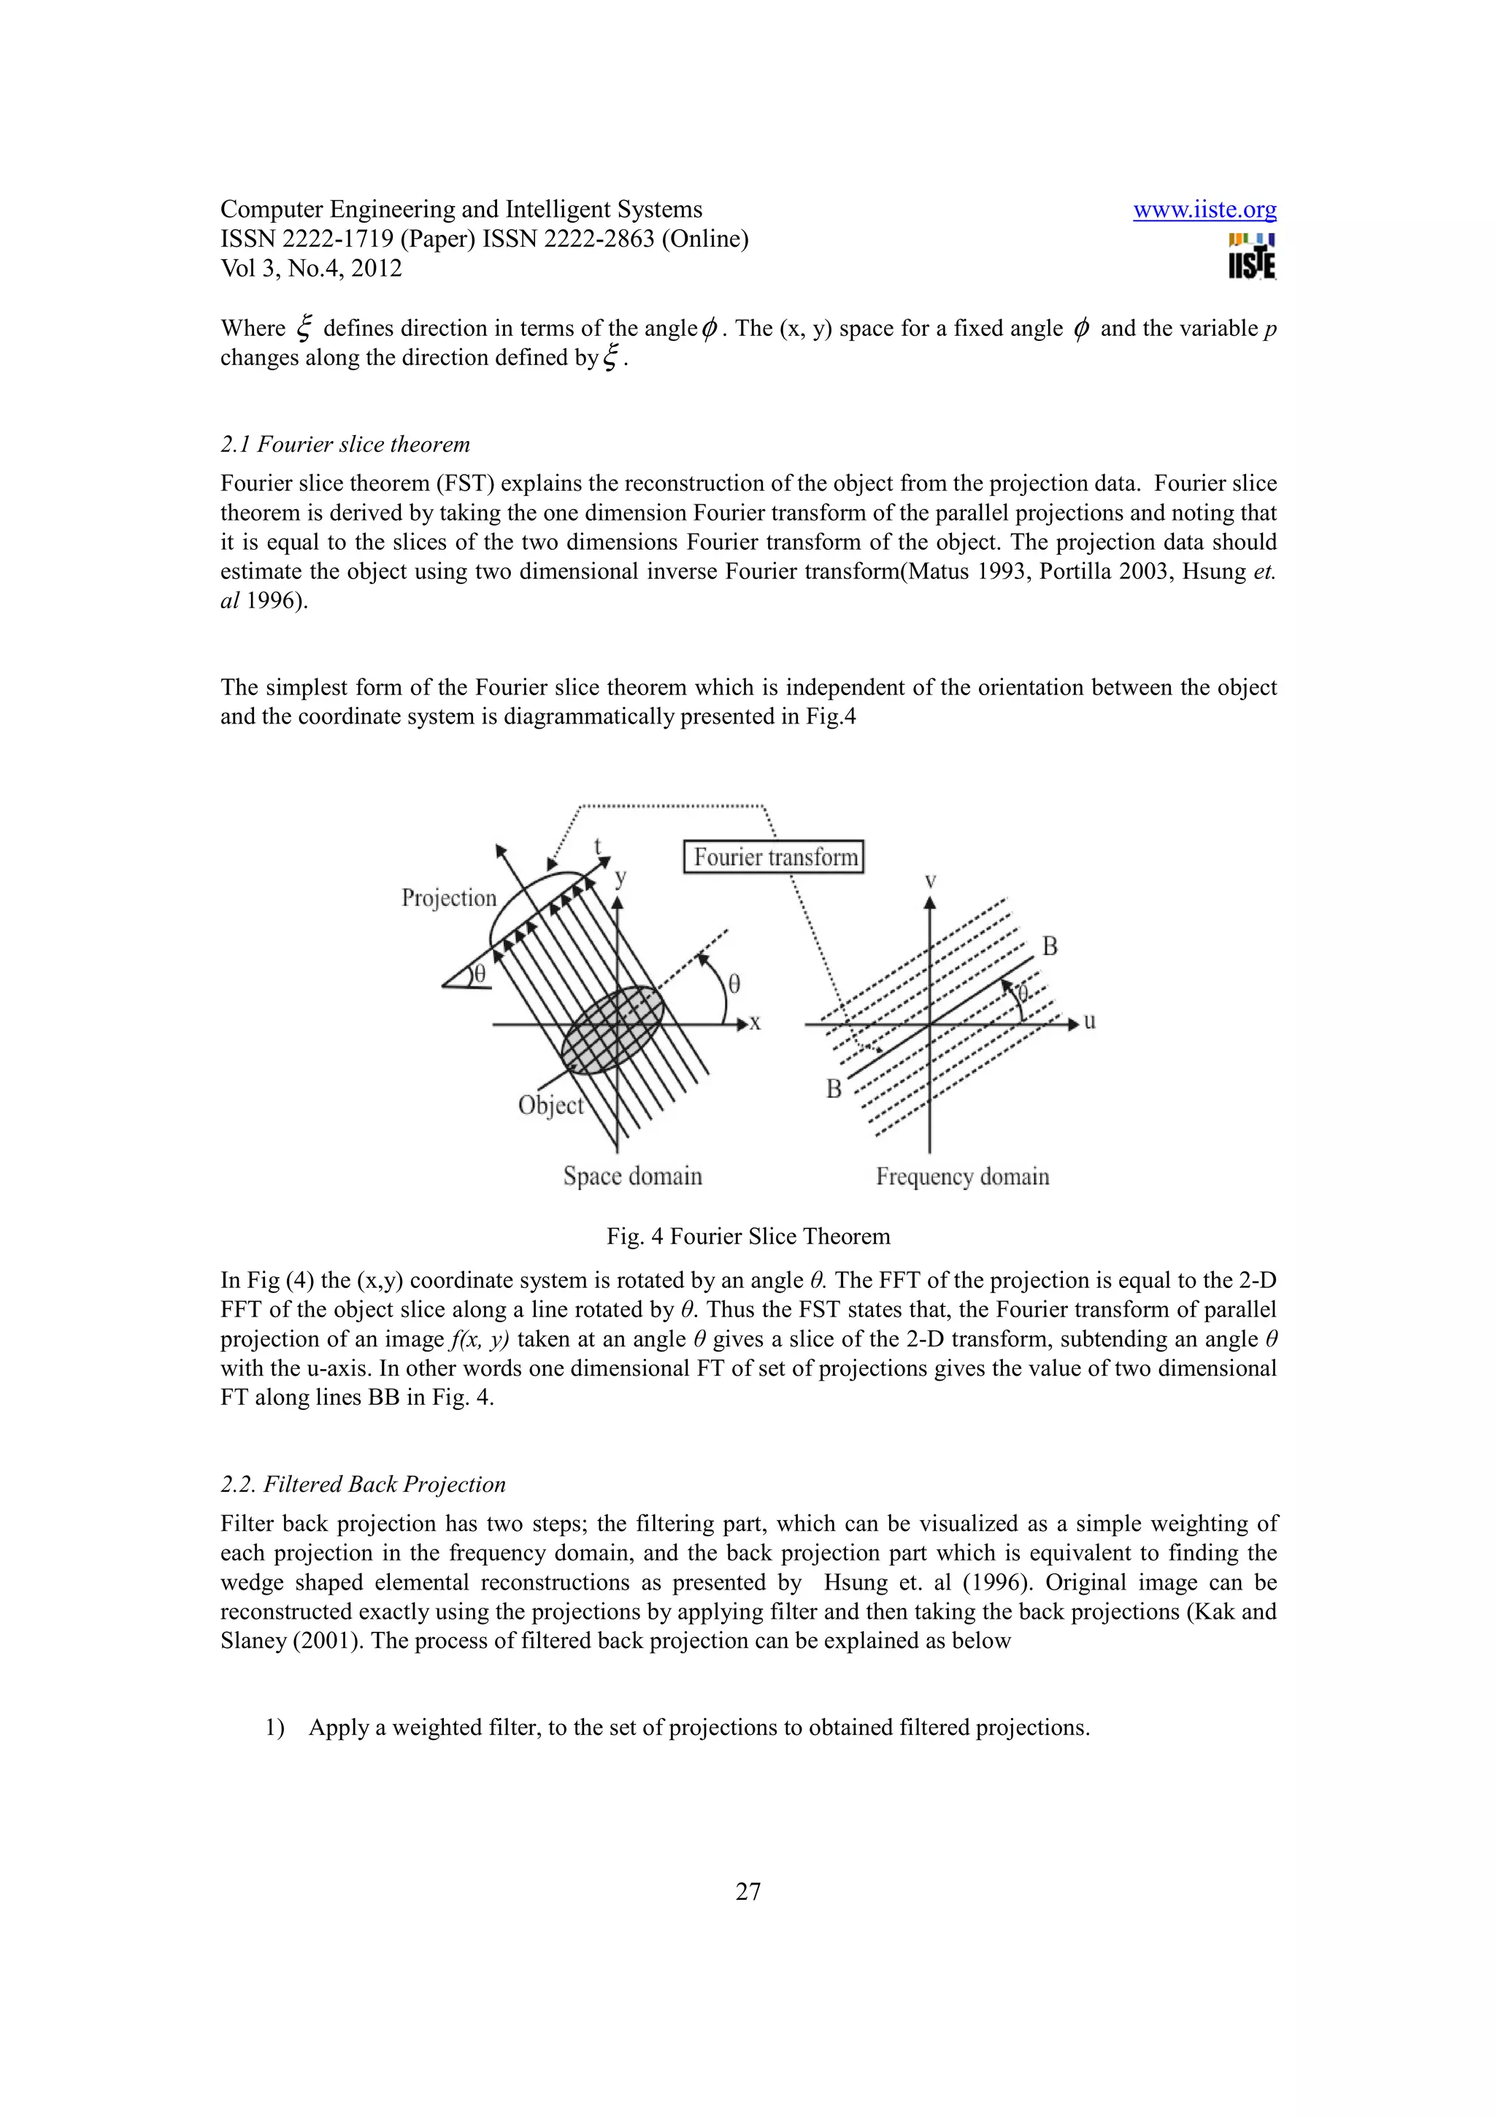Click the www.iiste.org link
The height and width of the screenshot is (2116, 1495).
coord(1204,210)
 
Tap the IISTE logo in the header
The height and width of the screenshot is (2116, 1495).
coord(1251,256)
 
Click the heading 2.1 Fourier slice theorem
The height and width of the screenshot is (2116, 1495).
coord(345,444)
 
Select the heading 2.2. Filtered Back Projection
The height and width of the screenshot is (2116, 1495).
coord(363,1484)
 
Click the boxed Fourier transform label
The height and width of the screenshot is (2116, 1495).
coord(774,857)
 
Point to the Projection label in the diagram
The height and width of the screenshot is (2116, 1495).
coord(449,897)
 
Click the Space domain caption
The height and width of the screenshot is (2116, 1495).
coord(632,1176)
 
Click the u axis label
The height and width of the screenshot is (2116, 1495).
coord(1090,1021)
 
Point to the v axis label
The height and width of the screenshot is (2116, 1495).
coord(930,881)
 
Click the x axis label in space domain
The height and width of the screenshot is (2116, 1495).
coord(756,1022)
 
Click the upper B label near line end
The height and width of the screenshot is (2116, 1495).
coord(1049,946)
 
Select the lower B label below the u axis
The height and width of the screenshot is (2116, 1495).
coord(834,1089)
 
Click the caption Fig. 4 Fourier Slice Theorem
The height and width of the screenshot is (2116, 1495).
coord(748,1237)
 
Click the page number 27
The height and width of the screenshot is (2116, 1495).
coord(748,1891)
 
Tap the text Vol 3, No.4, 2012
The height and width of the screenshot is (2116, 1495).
coord(312,268)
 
